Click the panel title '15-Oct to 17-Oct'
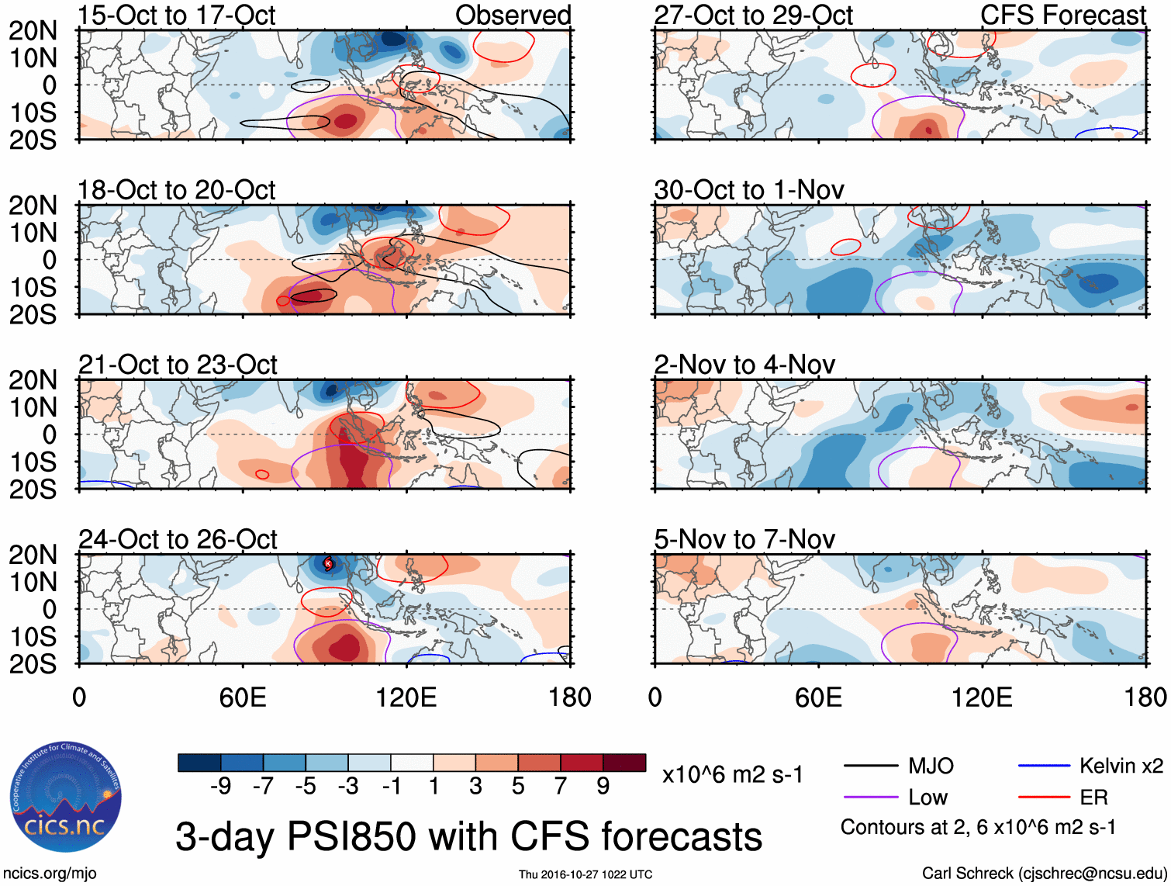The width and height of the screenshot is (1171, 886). (x=176, y=16)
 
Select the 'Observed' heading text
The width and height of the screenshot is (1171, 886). (x=513, y=16)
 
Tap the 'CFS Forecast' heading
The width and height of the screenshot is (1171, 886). (x=1062, y=16)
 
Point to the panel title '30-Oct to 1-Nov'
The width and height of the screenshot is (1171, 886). (x=749, y=190)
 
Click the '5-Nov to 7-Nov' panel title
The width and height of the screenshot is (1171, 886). (x=744, y=539)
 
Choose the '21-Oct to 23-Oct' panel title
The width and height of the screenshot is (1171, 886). (x=178, y=365)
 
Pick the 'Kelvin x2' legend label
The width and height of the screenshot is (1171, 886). (x=1121, y=767)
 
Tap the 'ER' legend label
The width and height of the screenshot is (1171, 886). (x=1093, y=798)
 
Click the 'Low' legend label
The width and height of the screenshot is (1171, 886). (x=927, y=798)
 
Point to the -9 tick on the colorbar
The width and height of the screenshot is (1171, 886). (x=220, y=787)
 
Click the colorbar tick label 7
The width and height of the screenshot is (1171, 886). (x=560, y=787)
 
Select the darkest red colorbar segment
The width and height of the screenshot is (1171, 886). (x=624, y=763)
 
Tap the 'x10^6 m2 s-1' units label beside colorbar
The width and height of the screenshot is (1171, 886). (x=732, y=775)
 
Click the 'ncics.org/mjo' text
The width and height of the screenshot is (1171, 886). (x=50, y=874)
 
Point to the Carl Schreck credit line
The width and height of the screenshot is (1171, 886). (x=1043, y=874)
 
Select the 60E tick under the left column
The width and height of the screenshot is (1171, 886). (x=243, y=697)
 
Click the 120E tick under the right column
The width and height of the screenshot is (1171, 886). (x=982, y=697)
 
